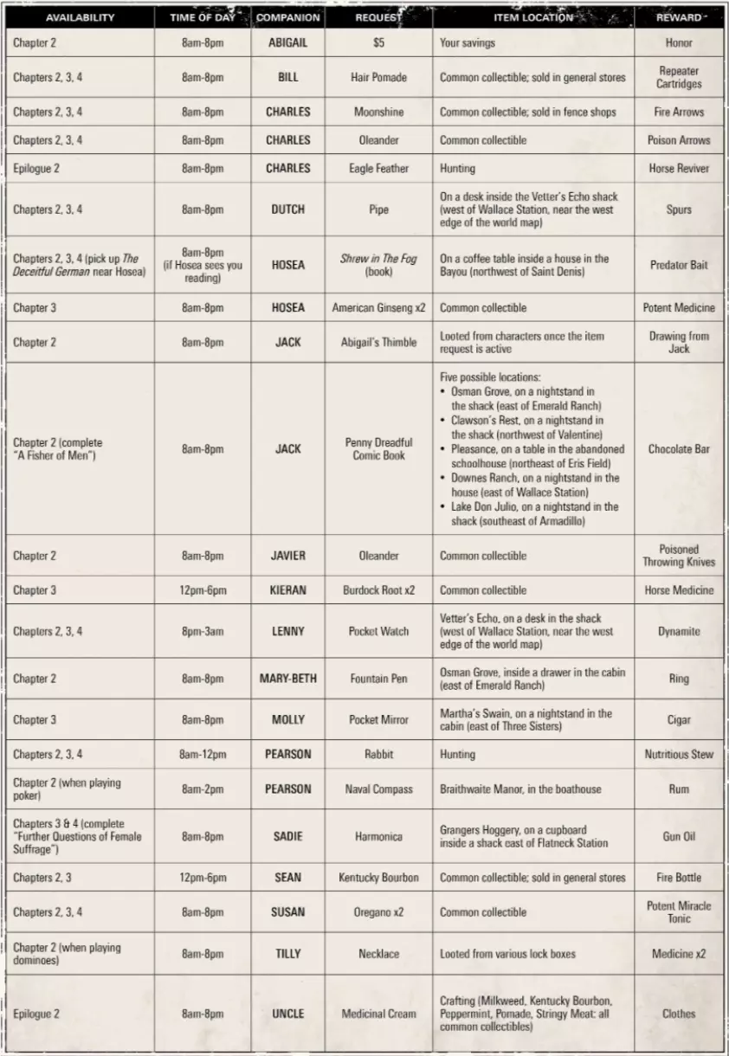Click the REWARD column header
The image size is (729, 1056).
tap(679, 17)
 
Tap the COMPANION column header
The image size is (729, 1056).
tap(288, 17)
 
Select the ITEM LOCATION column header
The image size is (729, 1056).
tap(533, 17)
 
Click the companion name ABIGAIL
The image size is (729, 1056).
tap(288, 42)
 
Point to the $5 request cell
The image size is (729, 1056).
tap(378, 42)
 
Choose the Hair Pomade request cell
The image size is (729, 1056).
tap(378, 77)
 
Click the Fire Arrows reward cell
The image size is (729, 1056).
tap(679, 112)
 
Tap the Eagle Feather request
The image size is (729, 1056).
tap(378, 168)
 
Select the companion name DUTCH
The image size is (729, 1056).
tap(288, 209)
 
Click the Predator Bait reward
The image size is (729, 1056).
tap(679, 265)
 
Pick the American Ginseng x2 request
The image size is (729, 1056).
tap(378, 307)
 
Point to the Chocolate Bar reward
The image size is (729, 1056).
tap(679, 449)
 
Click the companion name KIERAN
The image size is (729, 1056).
tap(288, 590)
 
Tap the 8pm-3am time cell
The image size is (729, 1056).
tap(203, 632)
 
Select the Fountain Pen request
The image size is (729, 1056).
tap(378, 679)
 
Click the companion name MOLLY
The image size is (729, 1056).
tap(288, 720)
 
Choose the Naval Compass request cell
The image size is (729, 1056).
tap(378, 789)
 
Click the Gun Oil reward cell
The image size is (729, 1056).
tap(679, 837)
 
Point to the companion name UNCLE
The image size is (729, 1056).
tap(288, 1014)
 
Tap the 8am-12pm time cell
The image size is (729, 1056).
tap(203, 755)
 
